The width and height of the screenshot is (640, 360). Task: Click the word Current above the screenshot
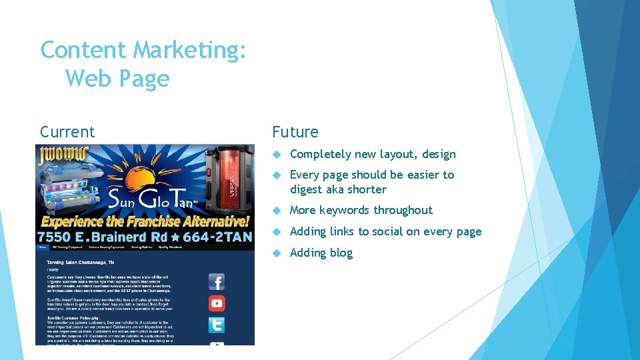click(x=67, y=132)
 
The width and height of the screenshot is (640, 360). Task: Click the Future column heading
click(x=295, y=132)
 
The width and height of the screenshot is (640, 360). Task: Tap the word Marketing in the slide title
click(x=190, y=50)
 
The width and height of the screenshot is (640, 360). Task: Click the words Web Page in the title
click(x=117, y=79)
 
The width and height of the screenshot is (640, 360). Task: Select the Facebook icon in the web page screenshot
click(x=217, y=281)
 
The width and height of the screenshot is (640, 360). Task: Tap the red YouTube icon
click(x=217, y=303)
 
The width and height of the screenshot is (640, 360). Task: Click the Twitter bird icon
click(x=217, y=325)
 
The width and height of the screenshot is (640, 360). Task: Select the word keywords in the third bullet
click(x=345, y=210)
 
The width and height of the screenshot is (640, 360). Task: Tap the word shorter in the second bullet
click(x=366, y=189)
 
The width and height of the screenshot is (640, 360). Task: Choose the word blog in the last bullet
click(x=340, y=253)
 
